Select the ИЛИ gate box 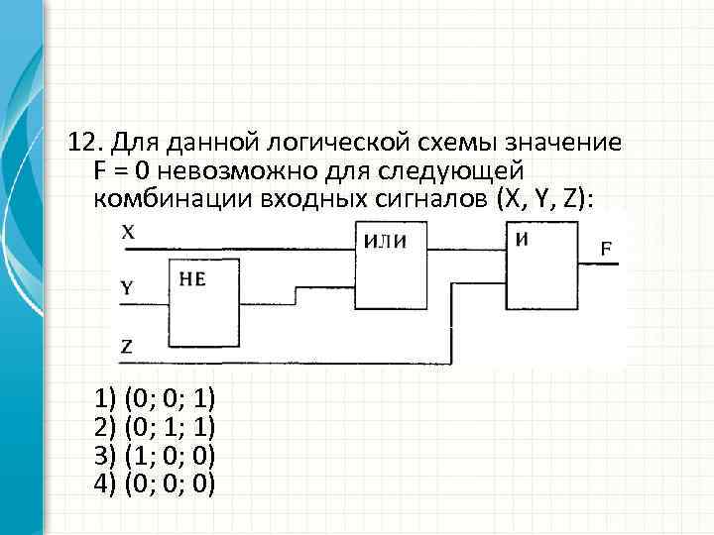pyautogui.click(x=394, y=266)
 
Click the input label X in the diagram pyautogui.click(x=129, y=234)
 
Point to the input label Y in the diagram pyautogui.click(x=127, y=288)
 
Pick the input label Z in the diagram pyautogui.click(x=127, y=346)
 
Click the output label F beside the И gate pyautogui.click(x=612, y=248)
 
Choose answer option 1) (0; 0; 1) pyautogui.click(x=155, y=401)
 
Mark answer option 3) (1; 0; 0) pyautogui.click(x=155, y=456)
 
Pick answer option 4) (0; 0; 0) pyautogui.click(x=155, y=483)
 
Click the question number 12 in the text pyautogui.click(x=85, y=143)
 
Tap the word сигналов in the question pyautogui.click(x=423, y=198)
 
